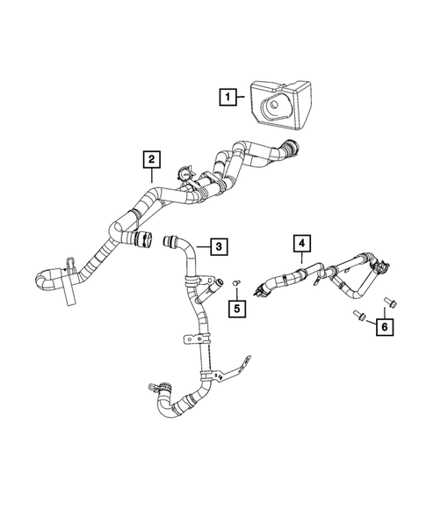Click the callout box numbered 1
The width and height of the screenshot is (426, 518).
coord(227,97)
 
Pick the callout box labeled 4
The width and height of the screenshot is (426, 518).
coord(301,242)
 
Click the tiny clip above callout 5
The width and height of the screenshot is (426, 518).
coord(236,281)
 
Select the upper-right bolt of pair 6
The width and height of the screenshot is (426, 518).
coord(388,303)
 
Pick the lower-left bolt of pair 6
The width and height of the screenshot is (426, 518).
coord(358,314)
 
